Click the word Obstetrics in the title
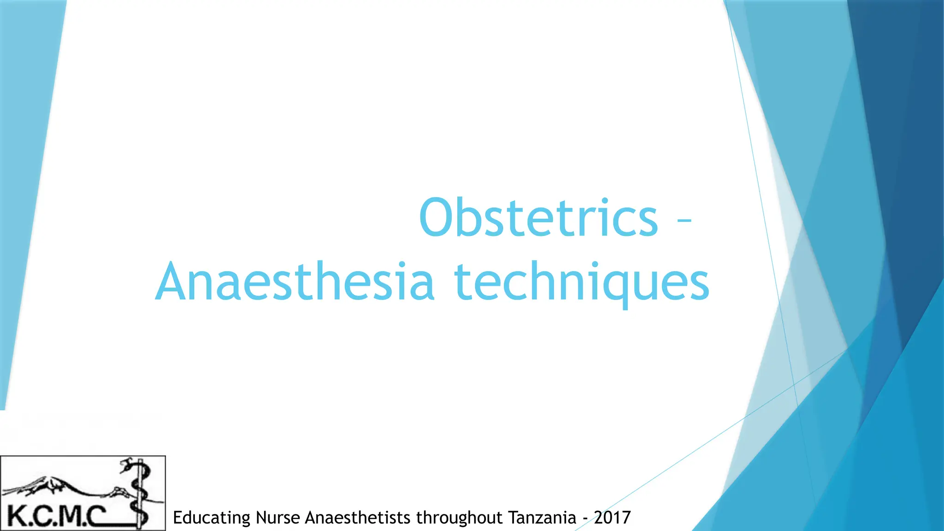538,218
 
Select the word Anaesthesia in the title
295,282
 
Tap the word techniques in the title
582,282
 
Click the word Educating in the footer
211,518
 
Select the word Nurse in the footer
278,518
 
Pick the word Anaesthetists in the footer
358,518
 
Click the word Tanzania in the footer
542,518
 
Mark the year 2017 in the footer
612,518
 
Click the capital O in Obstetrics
438,218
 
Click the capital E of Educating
177,518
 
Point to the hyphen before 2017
585,519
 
